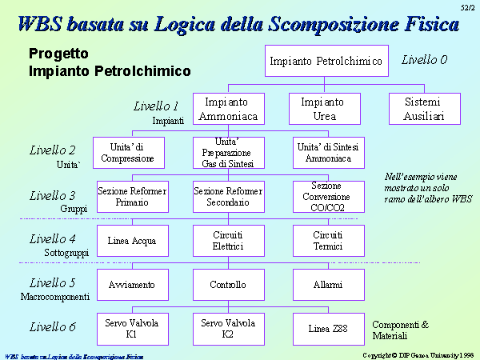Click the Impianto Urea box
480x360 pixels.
click(325, 109)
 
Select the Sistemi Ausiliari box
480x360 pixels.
click(425, 109)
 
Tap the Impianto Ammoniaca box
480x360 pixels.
click(229, 109)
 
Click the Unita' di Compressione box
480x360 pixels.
click(129, 153)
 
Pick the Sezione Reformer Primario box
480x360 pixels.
click(133, 197)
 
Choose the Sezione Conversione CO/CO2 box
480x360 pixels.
click(329, 197)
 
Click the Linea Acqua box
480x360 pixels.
click(133, 241)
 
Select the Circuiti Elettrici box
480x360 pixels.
click(229, 241)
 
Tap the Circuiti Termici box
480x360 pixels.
click(329, 241)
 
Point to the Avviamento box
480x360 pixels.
click(133, 285)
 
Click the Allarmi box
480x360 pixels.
click(329, 285)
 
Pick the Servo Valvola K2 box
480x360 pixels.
click(229, 329)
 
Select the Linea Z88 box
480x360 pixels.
click(329, 329)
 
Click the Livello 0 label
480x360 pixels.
click(424, 60)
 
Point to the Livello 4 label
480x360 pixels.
click(52, 239)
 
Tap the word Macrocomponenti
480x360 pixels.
click(55, 297)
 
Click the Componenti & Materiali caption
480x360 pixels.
click(401, 330)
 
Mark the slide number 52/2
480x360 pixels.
click(467, 8)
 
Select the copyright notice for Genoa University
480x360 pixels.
click(418, 355)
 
